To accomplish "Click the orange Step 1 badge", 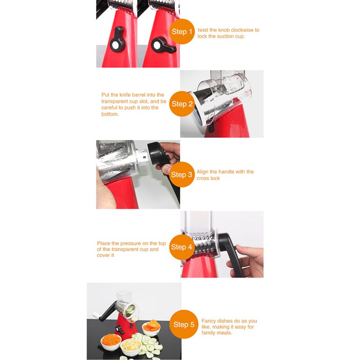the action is [182, 31].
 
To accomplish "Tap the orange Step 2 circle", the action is [182, 104].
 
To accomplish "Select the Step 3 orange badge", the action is [181, 175].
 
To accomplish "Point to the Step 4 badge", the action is [181, 247].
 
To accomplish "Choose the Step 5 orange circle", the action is [184, 324].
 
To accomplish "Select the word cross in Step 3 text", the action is [202, 178].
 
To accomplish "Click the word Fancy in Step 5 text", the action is [208, 321].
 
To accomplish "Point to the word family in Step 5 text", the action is [208, 333].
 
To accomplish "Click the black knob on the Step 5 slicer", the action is [120, 330].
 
